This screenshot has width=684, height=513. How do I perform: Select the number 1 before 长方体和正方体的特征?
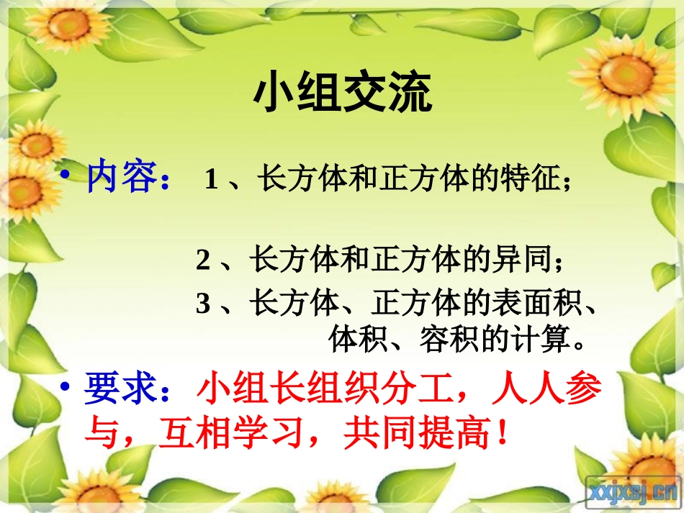click(211, 179)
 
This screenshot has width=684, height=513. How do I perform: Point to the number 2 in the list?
click(203, 260)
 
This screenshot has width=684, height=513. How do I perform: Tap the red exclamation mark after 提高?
click(492, 435)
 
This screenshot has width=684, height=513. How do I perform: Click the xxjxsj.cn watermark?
click(633, 491)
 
